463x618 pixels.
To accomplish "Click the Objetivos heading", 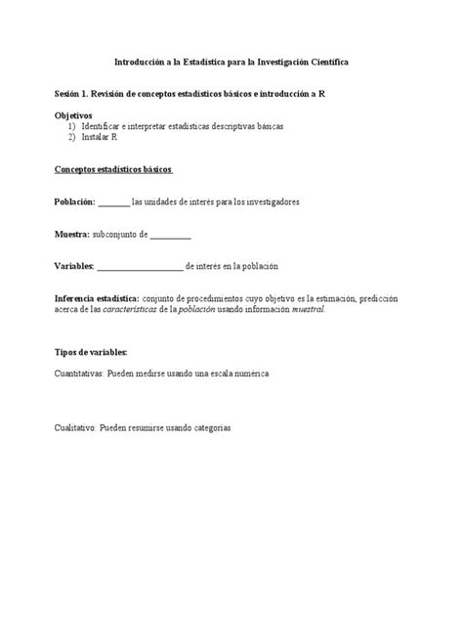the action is tap(75, 116).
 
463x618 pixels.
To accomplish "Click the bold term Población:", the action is tap(74, 201).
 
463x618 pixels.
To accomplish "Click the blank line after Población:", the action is tap(113, 203).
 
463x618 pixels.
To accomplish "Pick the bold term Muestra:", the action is tap(71, 235).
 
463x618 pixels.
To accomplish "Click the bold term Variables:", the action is tap(74, 265).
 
